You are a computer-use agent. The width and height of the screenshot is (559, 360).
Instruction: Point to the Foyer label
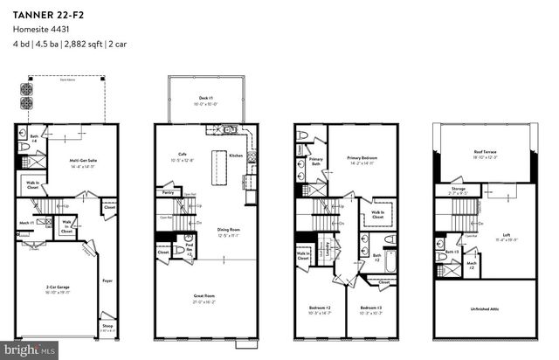(x=107, y=280)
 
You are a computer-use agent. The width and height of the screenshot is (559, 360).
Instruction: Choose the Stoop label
(x=107, y=328)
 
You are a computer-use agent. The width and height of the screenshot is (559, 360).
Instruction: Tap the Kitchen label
(x=235, y=155)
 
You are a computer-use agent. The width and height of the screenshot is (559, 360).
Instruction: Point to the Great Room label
(x=204, y=296)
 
